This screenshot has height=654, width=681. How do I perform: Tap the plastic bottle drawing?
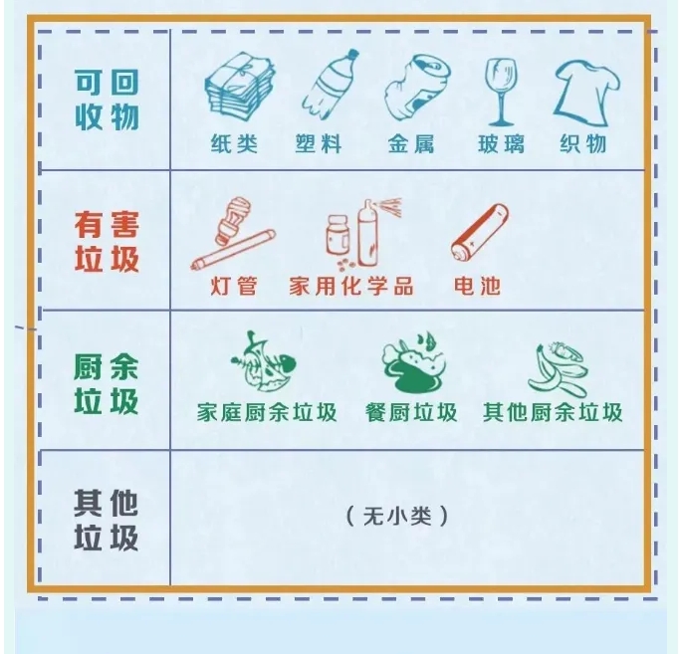(x=331, y=84)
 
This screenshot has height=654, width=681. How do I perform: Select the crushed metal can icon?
(x=416, y=88)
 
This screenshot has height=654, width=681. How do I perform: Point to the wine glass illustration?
(x=502, y=92)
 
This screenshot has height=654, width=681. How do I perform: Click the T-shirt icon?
(x=586, y=93)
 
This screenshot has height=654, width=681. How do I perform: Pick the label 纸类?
(x=235, y=143)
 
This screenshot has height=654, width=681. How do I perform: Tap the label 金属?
(x=411, y=143)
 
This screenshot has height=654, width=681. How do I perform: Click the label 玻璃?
(x=501, y=143)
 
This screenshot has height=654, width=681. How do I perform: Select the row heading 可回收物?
(x=107, y=100)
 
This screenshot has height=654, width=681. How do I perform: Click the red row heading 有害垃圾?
(x=107, y=242)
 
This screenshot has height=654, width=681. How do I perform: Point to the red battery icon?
(x=480, y=232)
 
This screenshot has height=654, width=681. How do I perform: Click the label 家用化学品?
(x=351, y=286)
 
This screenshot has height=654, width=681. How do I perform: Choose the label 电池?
(x=477, y=286)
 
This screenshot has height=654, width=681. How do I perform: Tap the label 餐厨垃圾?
(x=411, y=412)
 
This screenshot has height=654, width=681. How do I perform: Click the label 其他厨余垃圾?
(x=553, y=412)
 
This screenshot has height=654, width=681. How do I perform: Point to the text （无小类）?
(x=397, y=517)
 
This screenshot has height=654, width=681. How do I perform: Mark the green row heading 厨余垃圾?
(x=107, y=383)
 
